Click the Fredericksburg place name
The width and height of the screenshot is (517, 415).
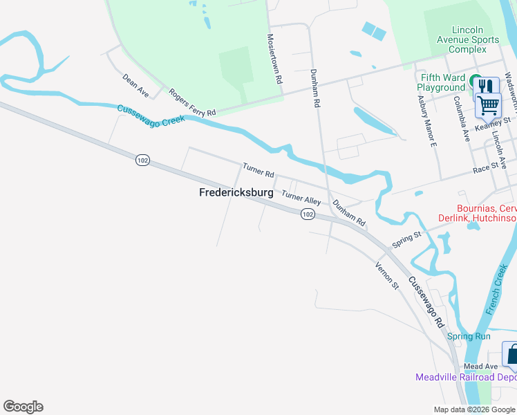coord(236,194)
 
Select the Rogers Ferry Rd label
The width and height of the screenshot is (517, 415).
coord(193,102)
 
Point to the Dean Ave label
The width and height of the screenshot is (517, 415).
coord(135,85)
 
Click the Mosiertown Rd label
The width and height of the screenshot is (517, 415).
coord(276,59)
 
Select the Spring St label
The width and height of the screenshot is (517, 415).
coord(406,240)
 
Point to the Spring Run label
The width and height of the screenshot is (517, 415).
coord(469,337)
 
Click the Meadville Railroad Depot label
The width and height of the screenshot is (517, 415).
coord(466,377)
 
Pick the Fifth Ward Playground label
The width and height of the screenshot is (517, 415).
coord(441,83)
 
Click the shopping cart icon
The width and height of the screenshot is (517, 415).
coord(488,106)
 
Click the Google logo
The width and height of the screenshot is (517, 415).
coord(23,407)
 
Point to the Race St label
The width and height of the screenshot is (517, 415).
coord(486,167)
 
